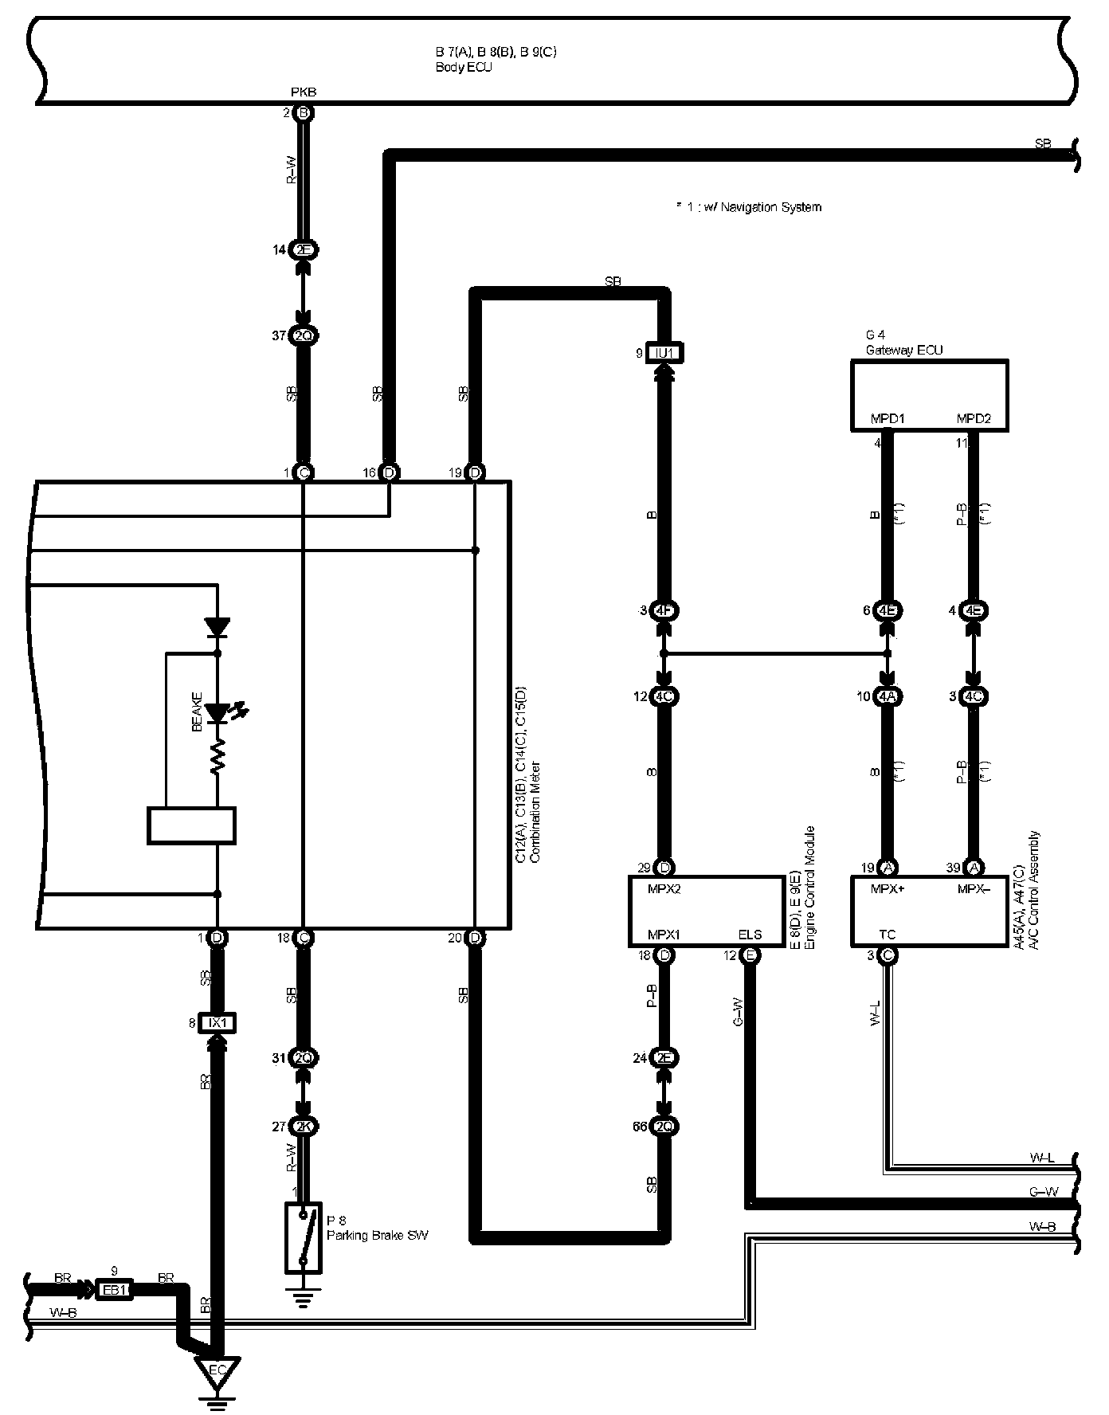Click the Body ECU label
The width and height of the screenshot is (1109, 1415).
pos(464,68)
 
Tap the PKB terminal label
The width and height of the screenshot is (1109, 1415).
pos(303,92)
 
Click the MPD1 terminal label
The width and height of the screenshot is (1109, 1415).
pos(888,419)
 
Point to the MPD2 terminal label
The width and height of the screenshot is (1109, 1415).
pos(973,419)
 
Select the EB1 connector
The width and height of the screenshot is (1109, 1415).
pos(114,1289)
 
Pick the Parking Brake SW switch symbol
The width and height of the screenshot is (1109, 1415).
pos(304,1237)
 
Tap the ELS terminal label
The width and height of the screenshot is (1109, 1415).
pos(750,935)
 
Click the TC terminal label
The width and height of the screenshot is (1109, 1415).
pos(888,935)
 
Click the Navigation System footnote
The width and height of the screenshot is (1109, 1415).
pos(748,207)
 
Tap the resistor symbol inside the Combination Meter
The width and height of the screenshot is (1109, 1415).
pos(217,758)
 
